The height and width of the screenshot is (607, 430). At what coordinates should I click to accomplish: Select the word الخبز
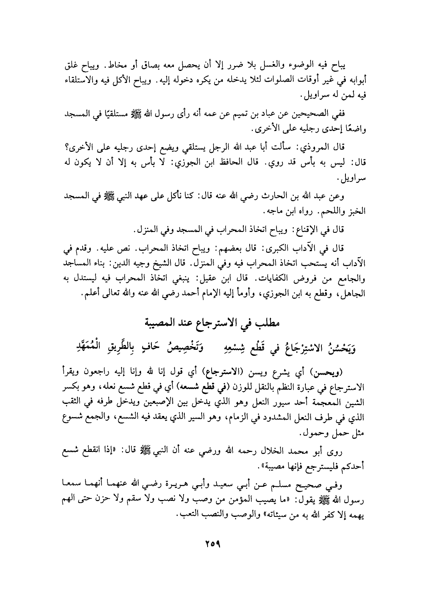pos(356,210)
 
